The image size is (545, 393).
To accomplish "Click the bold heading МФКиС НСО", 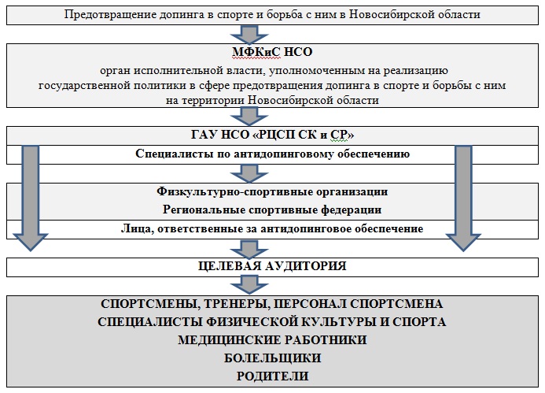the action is tap(272, 52).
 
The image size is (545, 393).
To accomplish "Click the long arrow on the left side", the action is tap(31, 198).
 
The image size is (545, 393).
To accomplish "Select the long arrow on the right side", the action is tap(463, 198).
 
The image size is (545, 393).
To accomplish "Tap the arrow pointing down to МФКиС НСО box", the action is tap(249, 34).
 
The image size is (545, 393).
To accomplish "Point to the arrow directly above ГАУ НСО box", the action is tap(249, 117).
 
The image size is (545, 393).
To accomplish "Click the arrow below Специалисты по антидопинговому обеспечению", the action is tap(249, 173).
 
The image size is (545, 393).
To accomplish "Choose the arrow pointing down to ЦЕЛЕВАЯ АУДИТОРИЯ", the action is tap(249, 249).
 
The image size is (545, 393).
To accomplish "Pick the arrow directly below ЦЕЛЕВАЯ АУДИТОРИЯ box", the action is tap(249, 286).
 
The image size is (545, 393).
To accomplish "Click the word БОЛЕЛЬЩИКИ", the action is tap(272, 358).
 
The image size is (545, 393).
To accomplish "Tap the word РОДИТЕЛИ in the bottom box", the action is tap(272, 376).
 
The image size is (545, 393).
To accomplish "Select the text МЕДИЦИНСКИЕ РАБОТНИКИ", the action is tap(272, 339).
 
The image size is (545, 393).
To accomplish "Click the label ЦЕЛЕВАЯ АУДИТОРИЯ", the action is tap(272, 266).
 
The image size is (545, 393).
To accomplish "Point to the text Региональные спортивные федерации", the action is tap(272, 210).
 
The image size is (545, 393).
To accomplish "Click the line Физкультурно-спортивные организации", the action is tap(272, 192).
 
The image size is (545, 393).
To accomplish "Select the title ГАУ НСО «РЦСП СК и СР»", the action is tap(272, 135).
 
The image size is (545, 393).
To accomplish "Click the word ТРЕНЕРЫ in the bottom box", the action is tap(236, 303).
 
